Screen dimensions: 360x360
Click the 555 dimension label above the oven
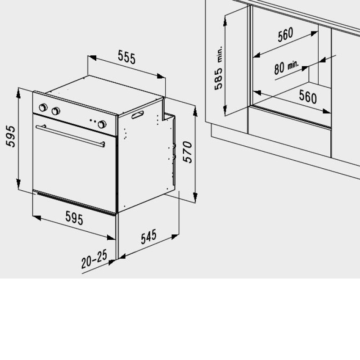coord(127,57)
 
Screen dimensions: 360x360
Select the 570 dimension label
coord(188,152)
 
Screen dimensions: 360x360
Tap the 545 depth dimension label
coord(148,237)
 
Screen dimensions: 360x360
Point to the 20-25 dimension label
coord(94,259)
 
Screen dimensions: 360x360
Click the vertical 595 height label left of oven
coord(11,136)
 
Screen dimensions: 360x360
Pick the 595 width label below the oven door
coord(74,218)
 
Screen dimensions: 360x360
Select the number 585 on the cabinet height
coord(218,78)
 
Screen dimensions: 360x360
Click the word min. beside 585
coord(220,54)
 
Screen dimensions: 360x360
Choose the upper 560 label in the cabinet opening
coord(285,35)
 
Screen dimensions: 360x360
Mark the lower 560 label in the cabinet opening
coord(308,96)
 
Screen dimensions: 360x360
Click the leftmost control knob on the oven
coord(43,107)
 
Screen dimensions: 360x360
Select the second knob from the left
coord(56,111)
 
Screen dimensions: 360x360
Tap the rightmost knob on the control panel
coord(102,124)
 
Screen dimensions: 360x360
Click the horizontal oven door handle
coord(70,135)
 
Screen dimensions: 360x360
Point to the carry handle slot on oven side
coord(138,115)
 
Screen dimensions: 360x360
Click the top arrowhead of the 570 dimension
coord(195,111)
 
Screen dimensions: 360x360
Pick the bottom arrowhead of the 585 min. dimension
coord(225,110)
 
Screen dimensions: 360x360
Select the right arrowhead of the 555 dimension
coord(161,76)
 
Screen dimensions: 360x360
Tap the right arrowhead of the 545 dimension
coord(175,237)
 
